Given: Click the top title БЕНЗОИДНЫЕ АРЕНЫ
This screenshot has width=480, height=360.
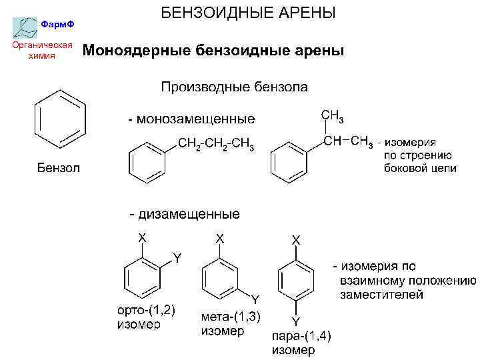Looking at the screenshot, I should (x=247, y=13).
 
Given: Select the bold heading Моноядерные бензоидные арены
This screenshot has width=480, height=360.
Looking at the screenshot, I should (x=213, y=51).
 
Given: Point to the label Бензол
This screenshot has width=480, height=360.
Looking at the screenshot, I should (x=58, y=167).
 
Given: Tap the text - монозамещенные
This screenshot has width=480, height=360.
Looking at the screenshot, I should (x=191, y=120).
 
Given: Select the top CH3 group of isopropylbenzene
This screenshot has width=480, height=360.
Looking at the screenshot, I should (x=333, y=116).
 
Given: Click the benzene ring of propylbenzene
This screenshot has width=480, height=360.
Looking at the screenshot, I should (x=147, y=162).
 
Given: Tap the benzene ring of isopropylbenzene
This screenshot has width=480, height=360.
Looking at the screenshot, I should (x=290, y=162).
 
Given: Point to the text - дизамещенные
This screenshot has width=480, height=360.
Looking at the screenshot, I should (x=184, y=215).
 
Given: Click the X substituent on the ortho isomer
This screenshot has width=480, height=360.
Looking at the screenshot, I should (x=142, y=237).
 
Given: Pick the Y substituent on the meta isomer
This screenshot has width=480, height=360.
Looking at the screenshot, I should (x=254, y=298).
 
